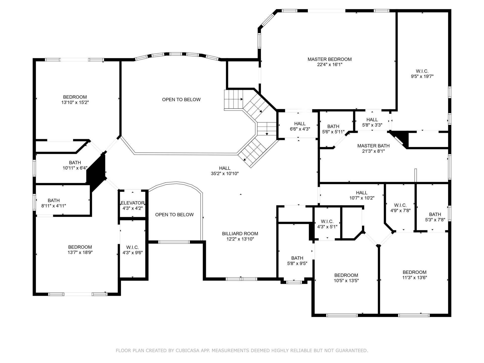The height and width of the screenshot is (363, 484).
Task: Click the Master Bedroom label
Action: coord(329,59)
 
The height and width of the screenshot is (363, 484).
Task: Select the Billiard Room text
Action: coord(240,234)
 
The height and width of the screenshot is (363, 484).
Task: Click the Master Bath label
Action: coord(373,146)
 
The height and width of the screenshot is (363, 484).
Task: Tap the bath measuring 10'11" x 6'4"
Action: coord(75,165)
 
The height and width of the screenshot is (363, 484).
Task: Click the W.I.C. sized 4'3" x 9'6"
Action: coord(132,250)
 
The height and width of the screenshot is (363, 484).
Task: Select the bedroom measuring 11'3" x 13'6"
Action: coord(414,275)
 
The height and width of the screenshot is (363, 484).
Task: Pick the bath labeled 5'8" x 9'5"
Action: coord(297,261)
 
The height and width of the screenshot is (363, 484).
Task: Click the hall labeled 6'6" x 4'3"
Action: coord(300,126)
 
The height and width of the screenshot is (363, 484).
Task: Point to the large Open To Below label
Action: coord(181,100)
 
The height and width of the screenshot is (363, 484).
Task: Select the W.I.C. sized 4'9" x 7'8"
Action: coord(400,208)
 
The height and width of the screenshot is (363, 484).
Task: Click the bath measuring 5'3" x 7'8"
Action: coord(435,217)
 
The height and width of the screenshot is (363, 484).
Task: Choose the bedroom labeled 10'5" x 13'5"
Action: coord(346,278)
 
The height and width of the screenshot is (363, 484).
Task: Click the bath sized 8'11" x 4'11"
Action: coord(54,203)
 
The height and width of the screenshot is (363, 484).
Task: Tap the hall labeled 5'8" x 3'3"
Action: coord(372,122)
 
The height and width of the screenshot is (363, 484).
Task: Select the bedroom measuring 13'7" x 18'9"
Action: coord(80,250)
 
